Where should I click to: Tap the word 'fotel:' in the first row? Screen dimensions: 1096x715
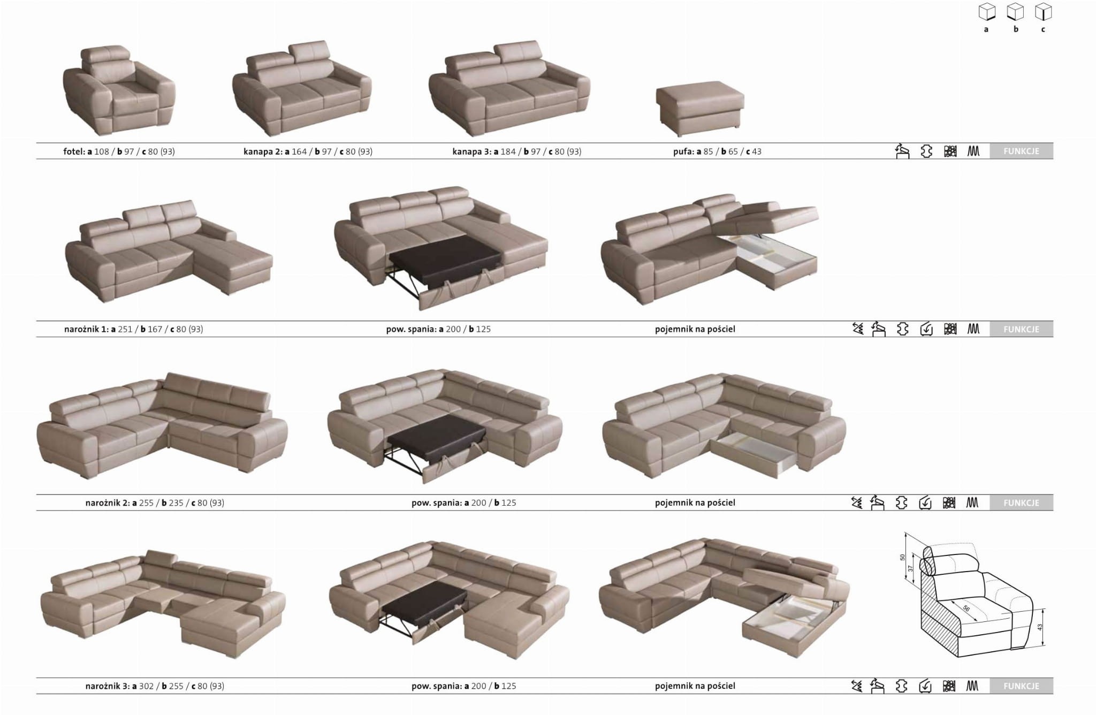74,151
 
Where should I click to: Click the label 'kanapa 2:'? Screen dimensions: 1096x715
263,151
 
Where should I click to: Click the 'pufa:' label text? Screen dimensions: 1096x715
683,151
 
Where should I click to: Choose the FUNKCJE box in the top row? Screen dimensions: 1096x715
1021,151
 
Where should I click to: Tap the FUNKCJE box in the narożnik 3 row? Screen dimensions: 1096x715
1021,686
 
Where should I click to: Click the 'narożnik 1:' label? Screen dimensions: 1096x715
86,329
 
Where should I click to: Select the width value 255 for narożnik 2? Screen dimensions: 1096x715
146,503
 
